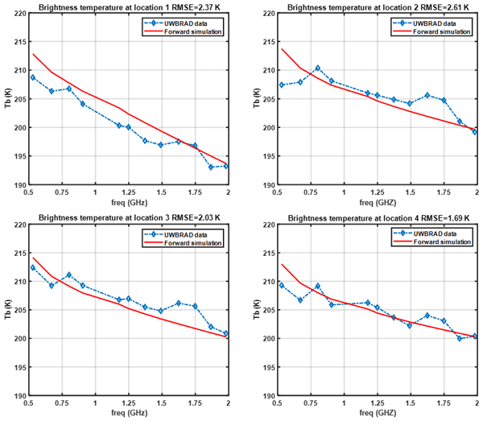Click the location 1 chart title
coord(129,6)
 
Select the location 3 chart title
coord(129,217)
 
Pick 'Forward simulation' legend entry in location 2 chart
coord(440,31)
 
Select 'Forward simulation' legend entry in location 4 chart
coord(440,242)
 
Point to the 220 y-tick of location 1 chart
coord(20,13)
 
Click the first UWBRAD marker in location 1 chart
coord(32,77)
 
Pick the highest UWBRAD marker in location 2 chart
coord(318,68)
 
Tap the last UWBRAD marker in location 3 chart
coord(226,333)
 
